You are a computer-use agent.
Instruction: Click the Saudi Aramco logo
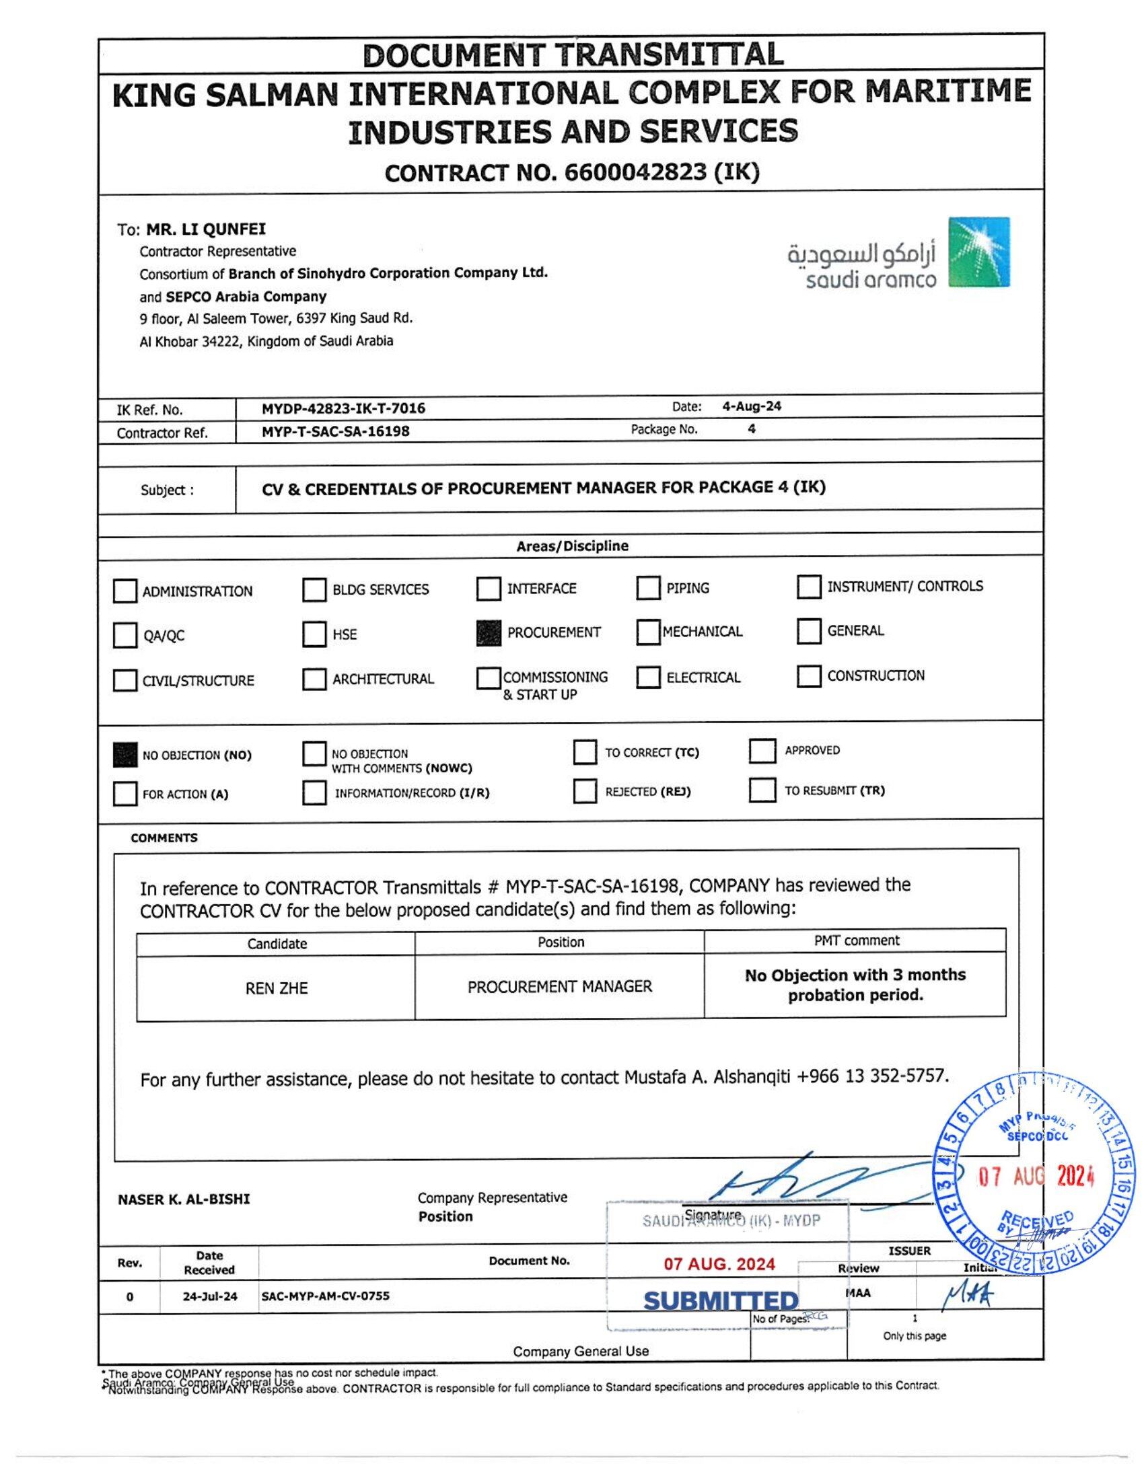(x=898, y=253)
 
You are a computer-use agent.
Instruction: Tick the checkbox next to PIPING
(x=648, y=588)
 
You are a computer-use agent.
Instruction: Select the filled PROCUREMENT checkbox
(x=489, y=633)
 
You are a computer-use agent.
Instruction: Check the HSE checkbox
(x=314, y=634)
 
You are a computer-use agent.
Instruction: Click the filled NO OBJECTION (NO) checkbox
(x=124, y=755)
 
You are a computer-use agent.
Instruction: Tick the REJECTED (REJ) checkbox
(x=584, y=791)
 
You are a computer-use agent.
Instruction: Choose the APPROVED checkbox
(x=762, y=751)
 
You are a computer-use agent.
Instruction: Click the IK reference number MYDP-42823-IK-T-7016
(x=344, y=408)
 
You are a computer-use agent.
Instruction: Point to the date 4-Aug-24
(x=752, y=406)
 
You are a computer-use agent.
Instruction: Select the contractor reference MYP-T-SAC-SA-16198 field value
(x=336, y=431)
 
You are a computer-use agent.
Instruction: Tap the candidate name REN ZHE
(x=277, y=988)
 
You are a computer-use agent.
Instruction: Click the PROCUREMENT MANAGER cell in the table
(x=560, y=987)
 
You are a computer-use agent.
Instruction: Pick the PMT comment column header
(x=857, y=940)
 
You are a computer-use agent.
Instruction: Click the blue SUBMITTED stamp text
(x=721, y=1300)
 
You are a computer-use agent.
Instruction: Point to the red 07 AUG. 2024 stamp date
(x=719, y=1264)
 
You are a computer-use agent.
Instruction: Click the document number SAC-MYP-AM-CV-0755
(x=325, y=1296)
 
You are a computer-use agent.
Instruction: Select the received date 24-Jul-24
(x=210, y=1296)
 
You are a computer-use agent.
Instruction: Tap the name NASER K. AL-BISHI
(x=184, y=1199)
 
